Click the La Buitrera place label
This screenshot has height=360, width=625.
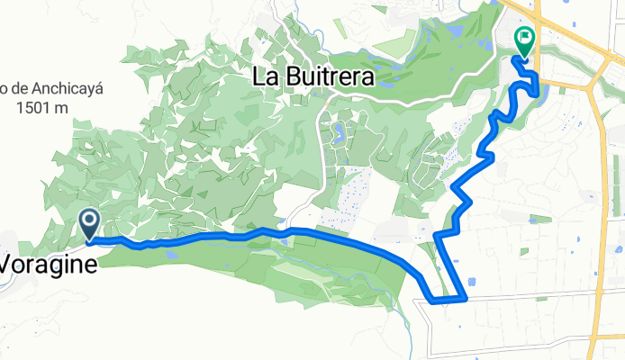[313, 78]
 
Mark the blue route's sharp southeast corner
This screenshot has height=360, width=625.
[466, 296]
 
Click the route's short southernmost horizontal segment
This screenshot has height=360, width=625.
[448, 299]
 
